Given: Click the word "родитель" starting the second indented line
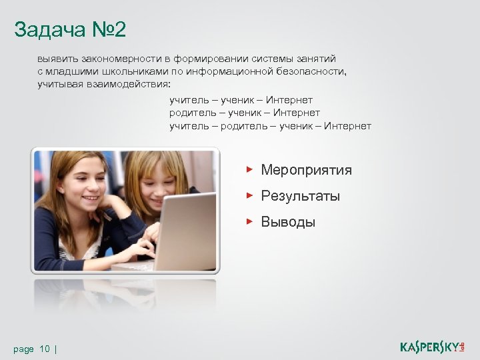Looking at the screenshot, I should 190,113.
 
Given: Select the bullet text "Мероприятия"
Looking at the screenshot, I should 306,170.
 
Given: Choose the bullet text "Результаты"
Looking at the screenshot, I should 300,196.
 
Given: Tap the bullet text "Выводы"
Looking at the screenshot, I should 288,222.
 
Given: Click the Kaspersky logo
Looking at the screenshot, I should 436,347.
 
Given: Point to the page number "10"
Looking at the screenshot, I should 45,349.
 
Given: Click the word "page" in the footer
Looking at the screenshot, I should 24,349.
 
